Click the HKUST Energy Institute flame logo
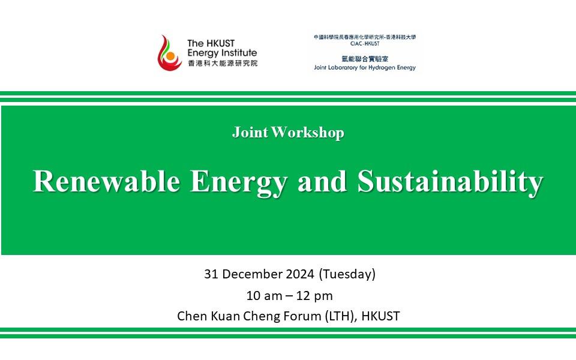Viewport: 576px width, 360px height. (x=169, y=53)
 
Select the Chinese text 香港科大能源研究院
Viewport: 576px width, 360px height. (x=223, y=63)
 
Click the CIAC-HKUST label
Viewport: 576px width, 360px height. (x=365, y=44)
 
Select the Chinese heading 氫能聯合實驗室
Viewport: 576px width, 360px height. (x=365, y=59)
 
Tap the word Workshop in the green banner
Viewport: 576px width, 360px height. (x=308, y=133)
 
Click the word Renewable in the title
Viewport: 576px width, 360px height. (x=107, y=181)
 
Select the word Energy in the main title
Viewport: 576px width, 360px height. (x=238, y=183)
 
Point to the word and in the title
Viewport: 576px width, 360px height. (x=322, y=181)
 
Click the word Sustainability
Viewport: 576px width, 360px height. (x=450, y=183)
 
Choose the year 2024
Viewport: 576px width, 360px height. (x=300, y=274)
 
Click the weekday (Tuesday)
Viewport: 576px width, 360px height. (x=347, y=274)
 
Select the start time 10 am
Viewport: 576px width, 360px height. (x=264, y=296)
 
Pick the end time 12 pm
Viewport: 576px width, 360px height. (x=314, y=296)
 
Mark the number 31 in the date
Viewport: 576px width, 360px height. (x=211, y=274)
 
